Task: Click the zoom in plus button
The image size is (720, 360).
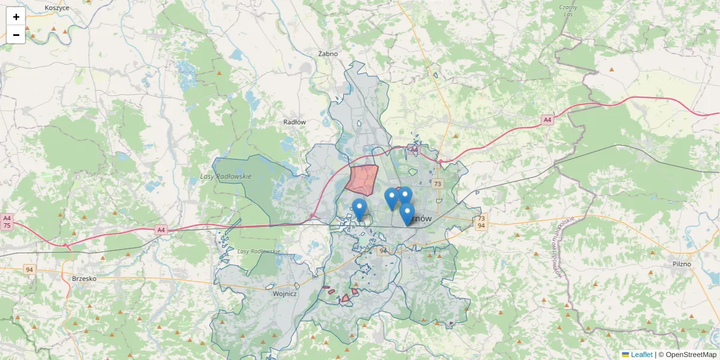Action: pos(16,17)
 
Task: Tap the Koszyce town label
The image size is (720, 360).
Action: pos(57,8)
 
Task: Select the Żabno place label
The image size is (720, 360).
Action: pos(328,53)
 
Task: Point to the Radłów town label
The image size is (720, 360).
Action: pos(295,122)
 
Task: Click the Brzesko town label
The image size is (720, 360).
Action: pos(84,278)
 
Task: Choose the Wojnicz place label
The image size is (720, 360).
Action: pos(284,294)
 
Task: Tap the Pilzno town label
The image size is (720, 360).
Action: pos(682,263)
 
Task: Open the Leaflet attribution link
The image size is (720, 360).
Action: pos(641,355)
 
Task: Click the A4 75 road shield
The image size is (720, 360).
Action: pos(7,222)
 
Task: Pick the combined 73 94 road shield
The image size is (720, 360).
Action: pos(481,222)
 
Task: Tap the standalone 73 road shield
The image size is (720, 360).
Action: pos(437,184)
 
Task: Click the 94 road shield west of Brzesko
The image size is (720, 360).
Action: pos(29,270)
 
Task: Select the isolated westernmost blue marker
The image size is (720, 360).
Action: pos(359,209)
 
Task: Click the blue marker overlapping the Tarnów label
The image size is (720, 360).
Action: pos(407,214)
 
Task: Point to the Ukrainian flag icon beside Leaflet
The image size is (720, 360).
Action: pos(625,355)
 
